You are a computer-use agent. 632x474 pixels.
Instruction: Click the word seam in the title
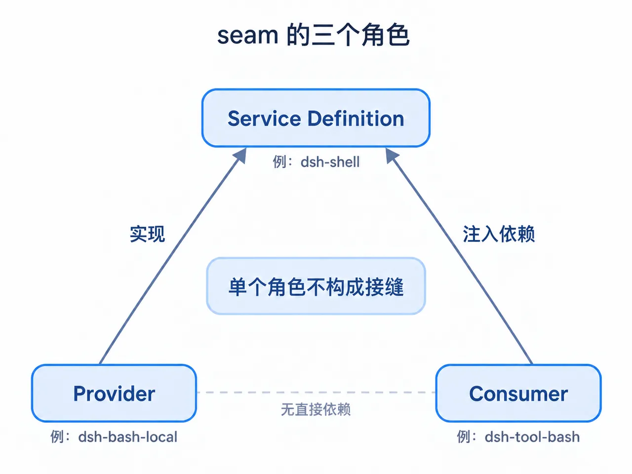click(x=248, y=36)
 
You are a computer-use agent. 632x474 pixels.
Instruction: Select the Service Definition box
click(x=316, y=118)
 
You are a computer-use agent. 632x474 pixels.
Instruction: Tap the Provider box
click(x=114, y=393)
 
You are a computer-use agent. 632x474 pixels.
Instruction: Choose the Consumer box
click(x=518, y=393)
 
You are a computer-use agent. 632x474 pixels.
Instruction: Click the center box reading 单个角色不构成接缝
click(x=316, y=286)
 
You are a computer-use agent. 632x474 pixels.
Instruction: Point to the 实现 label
click(x=147, y=234)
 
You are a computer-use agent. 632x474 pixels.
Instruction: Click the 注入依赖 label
click(x=499, y=234)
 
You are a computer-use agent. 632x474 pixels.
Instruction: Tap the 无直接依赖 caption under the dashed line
click(x=316, y=409)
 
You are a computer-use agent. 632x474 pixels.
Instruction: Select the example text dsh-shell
click(x=330, y=162)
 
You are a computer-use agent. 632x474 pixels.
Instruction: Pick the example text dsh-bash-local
click(x=127, y=437)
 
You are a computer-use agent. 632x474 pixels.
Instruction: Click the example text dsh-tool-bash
click(x=532, y=437)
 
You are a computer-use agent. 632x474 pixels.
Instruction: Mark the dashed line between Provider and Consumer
click(x=316, y=392)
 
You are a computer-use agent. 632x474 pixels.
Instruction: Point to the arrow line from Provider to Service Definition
click(x=173, y=256)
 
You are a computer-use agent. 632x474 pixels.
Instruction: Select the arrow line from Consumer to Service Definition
click(x=459, y=256)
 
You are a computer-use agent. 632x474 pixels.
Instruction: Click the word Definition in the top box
click(x=356, y=118)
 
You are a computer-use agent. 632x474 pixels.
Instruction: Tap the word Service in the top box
click(x=264, y=118)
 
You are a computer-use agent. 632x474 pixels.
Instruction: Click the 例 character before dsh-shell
click(x=279, y=162)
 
